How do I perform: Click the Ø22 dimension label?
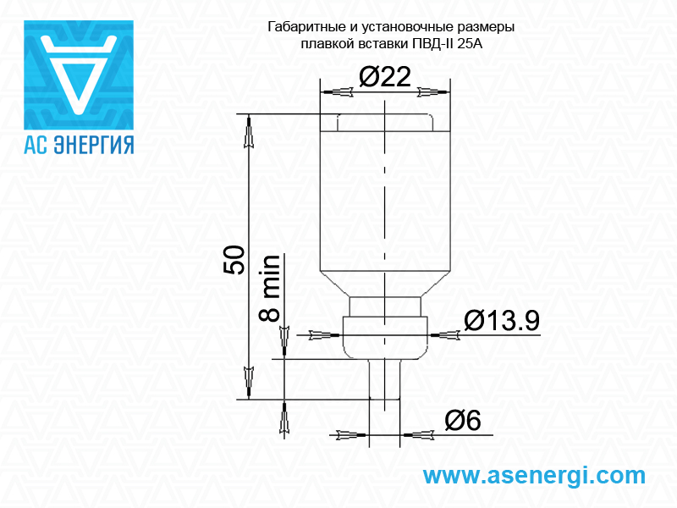click(x=385, y=77)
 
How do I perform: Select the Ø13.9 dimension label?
click(x=502, y=321)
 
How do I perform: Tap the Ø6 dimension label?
click(x=462, y=420)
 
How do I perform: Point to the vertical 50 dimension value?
click(x=234, y=260)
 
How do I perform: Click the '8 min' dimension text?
click(x=269, y=288)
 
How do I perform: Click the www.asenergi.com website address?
click(x=534, y=476)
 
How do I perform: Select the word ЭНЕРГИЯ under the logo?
click(x=94, y=145)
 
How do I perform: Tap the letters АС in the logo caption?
click(x=36, y=145)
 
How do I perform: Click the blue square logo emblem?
click(x=79, y=75)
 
